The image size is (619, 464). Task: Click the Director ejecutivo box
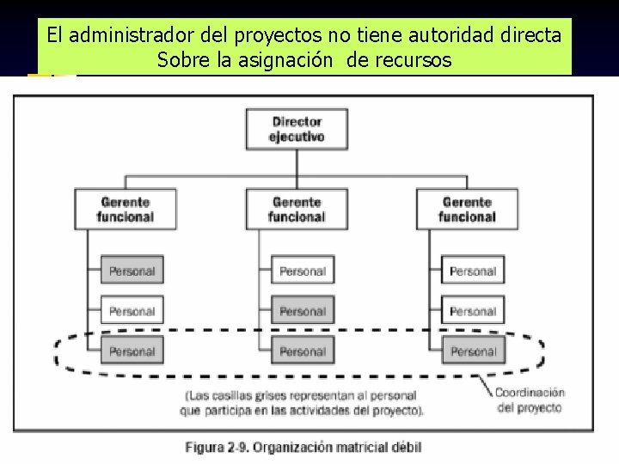tap(297, 129)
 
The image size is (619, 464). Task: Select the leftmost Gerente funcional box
tap(126, 209)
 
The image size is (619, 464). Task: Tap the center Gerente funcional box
tap(297, 209)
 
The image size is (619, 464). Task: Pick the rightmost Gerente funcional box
tap(469, 209)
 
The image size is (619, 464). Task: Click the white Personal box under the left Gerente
tap(132, 311)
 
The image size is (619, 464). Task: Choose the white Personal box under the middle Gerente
tap(303, 272)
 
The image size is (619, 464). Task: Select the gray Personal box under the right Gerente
tap(473, 351)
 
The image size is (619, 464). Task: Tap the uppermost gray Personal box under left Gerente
tap(132, 272)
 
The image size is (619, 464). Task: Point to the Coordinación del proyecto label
tap(529, 400)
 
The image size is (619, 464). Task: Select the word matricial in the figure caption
tap(354, 447)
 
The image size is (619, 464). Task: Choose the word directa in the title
tap(532, 35)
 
